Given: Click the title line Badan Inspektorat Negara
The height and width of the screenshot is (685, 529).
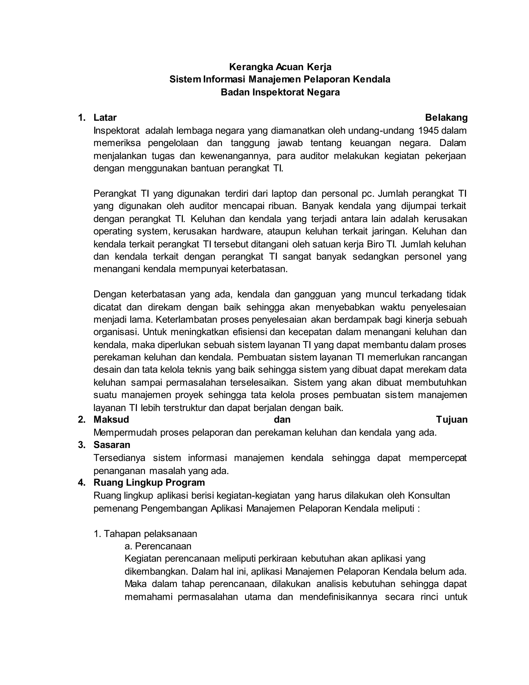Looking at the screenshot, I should point(280,93).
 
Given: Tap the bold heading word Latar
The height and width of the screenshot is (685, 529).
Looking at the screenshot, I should point(105,118).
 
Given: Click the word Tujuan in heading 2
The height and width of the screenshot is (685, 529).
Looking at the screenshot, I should point(452,420).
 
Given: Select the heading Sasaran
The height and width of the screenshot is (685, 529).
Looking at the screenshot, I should point(112,445).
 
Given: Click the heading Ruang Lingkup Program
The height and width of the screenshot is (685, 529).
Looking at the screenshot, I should point(149,482).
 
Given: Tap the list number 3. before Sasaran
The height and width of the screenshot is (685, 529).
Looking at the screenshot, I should point(82,445).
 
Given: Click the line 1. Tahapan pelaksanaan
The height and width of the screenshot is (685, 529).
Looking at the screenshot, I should point(145,534).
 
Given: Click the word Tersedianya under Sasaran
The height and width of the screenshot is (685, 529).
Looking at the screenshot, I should point(119,458).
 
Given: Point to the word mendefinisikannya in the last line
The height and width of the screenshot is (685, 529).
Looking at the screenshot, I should point(338,597).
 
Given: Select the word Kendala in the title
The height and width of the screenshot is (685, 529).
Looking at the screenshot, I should point(372,80).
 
